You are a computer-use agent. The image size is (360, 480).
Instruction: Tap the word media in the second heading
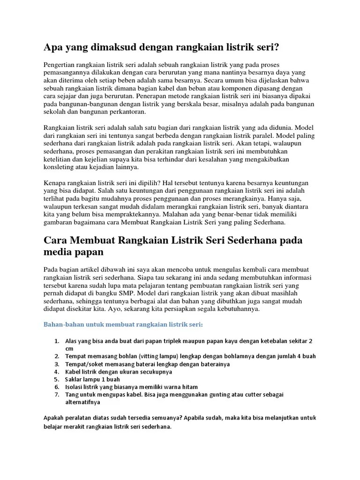[58, 252]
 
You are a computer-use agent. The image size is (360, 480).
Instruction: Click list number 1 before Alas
[56, 341]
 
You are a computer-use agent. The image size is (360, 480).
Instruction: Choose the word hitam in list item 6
[190, 387]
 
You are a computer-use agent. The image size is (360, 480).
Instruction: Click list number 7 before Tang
[56, 394]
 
